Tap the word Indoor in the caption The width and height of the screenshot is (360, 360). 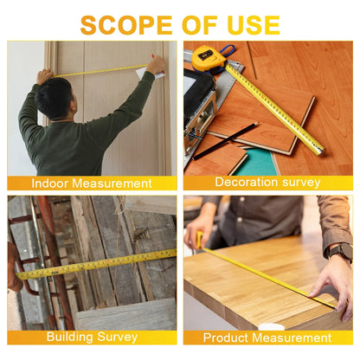coord(50,183)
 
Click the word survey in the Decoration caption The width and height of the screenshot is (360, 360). coord(299,183)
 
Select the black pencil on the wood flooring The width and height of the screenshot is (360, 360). coord(227,141)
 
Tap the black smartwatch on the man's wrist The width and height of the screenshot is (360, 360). coord(340,252)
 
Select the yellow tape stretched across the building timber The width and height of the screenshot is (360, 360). coord(95,264)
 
